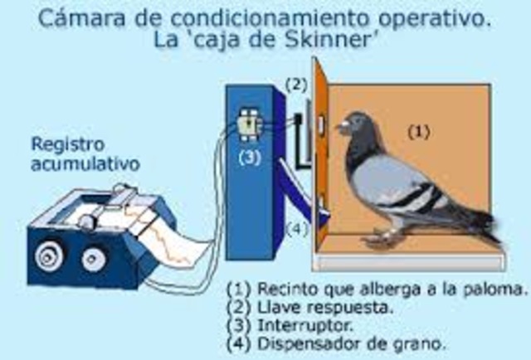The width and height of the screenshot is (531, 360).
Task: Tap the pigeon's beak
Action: (341, 129)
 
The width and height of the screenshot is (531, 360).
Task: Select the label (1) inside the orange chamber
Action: (421, 130)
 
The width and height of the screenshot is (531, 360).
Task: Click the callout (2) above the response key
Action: (297, 84)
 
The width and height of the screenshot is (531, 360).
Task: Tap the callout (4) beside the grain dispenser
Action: (296, 229)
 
